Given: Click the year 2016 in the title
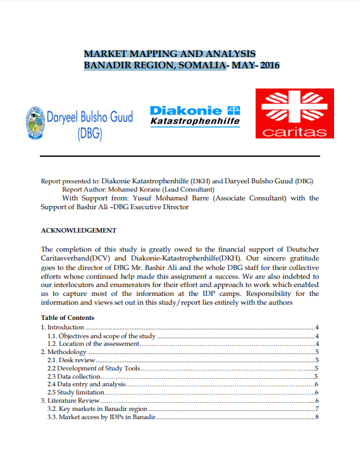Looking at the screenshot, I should pyautogui.click(x=270, y=65).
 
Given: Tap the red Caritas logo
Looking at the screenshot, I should pyautogui.click(x=294, y=113).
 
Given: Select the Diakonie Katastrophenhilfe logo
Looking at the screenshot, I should pyautogui.click(x=195, y=115).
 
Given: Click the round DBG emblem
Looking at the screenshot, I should pyautogui.click(x=35, y=121).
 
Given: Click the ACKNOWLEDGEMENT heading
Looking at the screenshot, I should pyautogui.click(x=78, y=230).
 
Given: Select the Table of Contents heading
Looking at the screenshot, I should pyautogui.click(x=68, y=317).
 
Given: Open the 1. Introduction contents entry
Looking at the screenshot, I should pyautogui.click(x=63, y=327).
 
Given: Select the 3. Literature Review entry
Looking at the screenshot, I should pyautogui.click(x=70, y=401).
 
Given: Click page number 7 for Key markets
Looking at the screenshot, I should pyautogui.click(x=316, y=409).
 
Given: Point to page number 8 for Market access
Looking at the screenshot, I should pyautogui.click(x=316, y=417).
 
